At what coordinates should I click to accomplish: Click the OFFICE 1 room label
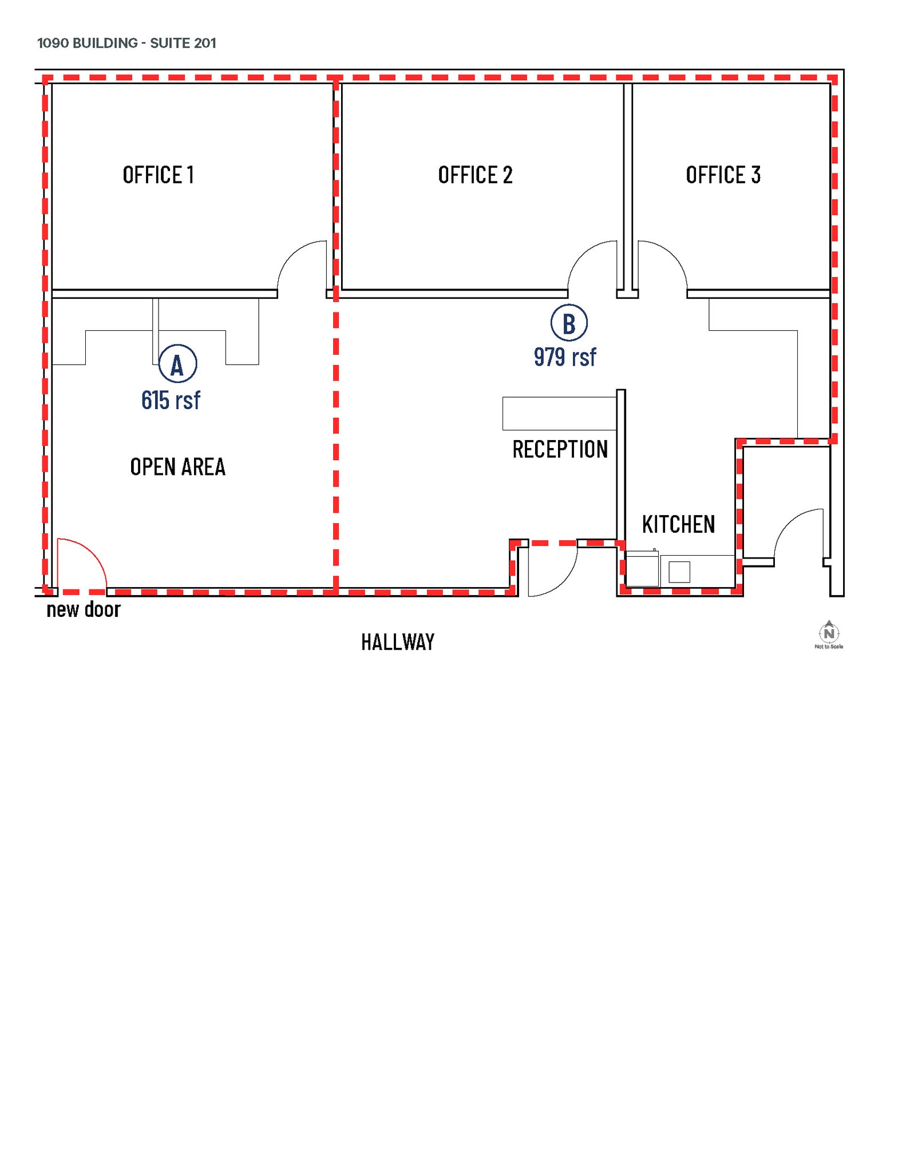(158, 175)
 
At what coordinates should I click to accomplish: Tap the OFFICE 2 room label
(475, 175)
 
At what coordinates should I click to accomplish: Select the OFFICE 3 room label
(723, 175)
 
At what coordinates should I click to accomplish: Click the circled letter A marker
(177, 364)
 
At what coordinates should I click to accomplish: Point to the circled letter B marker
(568, 323)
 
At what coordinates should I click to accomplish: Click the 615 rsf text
(171, 400)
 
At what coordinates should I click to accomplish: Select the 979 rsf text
(565, 357)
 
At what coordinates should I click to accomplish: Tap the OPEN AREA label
(177, 467)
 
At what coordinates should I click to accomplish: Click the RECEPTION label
(560, 449)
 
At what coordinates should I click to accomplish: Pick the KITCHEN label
(678, 524)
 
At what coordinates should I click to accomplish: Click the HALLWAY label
(398, 642)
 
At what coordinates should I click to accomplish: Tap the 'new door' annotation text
(84, 609)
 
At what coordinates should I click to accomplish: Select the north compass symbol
(829, 633)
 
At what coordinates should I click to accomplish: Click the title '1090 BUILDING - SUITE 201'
(126, 43)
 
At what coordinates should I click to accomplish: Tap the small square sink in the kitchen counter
(679, 572)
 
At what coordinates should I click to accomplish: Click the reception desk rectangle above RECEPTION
(559, 413)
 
